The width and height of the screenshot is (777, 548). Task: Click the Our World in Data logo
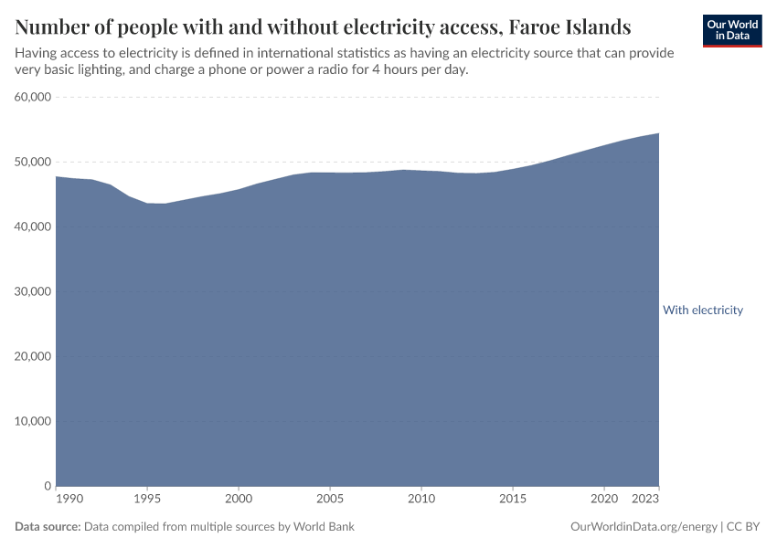pyautogui.click(x=732, y=30)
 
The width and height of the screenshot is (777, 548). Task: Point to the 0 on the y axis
pyautogui.click(x=47, y=486)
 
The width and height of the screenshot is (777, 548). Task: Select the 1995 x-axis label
pyautogui.click(x=147, y=501)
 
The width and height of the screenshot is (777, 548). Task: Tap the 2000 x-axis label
pyautogui.click(x=239, y=501)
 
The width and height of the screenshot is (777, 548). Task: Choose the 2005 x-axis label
pyautogui.click(x=330, y=501)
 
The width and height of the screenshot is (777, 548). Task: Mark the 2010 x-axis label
pyautogui.click(x=421, y=501)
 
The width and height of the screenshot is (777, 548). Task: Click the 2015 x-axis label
pyautogui.click(x=513, y=501)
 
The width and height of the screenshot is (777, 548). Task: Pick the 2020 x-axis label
pyautogui.click(x=604, y=501)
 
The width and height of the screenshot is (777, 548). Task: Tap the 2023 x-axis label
pyautogui.click(x=645, y=501)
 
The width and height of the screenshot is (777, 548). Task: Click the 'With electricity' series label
pyautogui.click(x=702, y=311)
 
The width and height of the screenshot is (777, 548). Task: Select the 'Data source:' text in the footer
pyautogui.click(x=48, y=527)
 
